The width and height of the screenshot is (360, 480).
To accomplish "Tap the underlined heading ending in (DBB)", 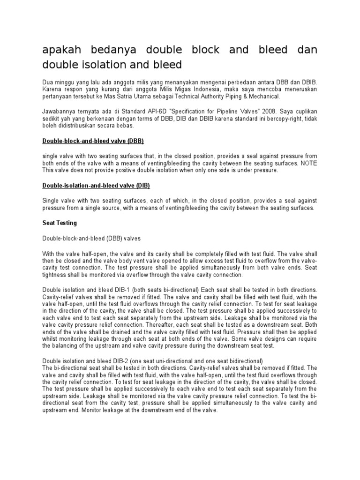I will (x=93, y=141).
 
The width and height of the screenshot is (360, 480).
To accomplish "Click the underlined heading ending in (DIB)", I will (x=96, y=186).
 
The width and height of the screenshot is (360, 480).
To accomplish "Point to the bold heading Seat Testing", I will (x=60, y=223).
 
